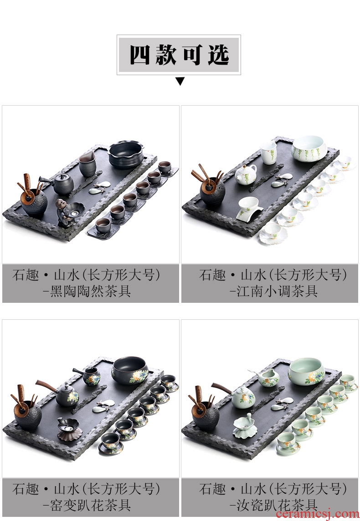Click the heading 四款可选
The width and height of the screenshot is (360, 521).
pyautogui.click(x=179, y=55)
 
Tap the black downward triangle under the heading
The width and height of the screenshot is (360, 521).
pyautogui.click(x=180, y=81)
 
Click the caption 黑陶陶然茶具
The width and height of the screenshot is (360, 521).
pyautogui.click(x=90, y=291)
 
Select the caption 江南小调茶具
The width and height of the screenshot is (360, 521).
pyautogui.click(x=277, y=291)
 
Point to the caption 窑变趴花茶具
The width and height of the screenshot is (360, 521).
pyautogui.click(x=90, y=506)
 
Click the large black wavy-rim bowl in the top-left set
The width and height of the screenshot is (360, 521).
pyautogui.click(x=126, y=154)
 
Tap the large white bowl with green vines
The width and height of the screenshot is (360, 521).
pyautogui.click(x=309, y=148)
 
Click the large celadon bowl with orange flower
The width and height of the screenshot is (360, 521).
pyautogui.click(x=306, y=371)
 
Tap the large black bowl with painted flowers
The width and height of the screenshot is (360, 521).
pyautogui.click(x=129, y=370)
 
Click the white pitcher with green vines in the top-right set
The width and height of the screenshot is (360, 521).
pyautogui.click(x=268, y=153)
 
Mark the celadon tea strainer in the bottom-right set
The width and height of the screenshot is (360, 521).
pyautogui.click(x=245, y=426)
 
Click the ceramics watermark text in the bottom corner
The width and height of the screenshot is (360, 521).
pyautogui.click(x=317, y=514)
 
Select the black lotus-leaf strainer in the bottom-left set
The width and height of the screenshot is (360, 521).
pyautogui.click(x=69, y=429)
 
